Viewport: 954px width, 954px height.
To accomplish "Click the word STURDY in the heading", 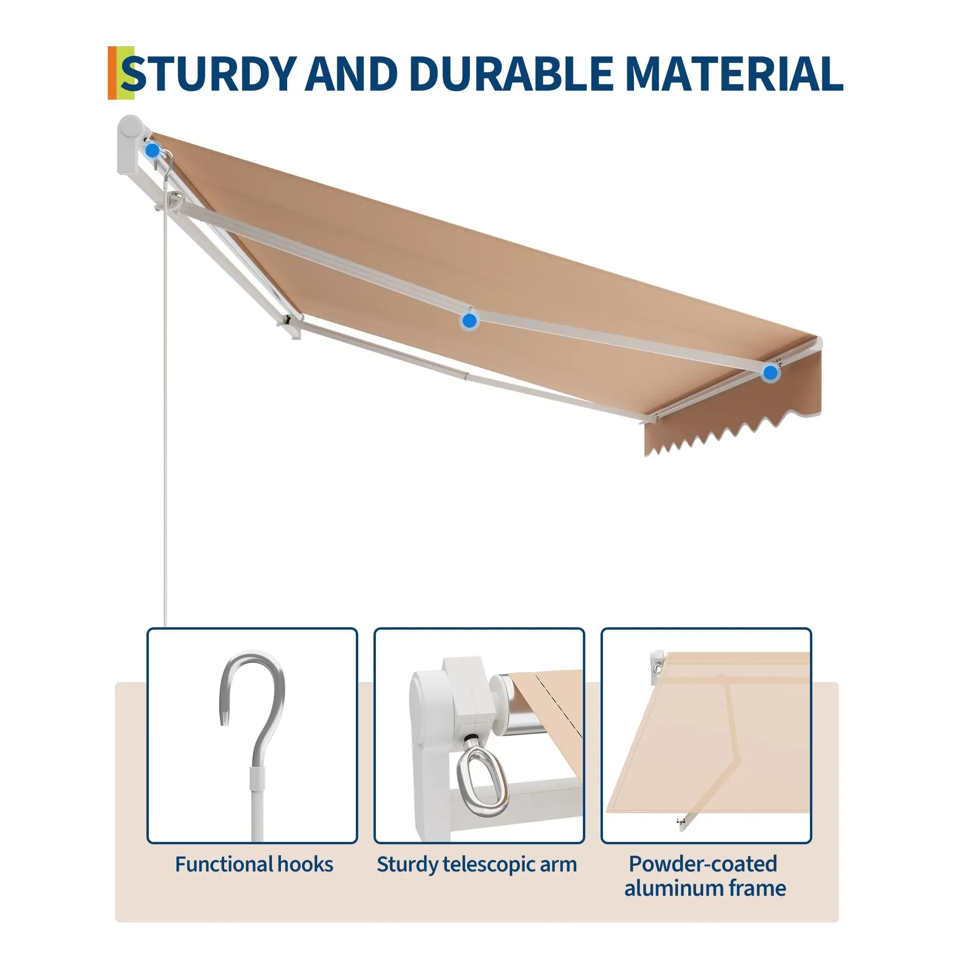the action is coord(209,73).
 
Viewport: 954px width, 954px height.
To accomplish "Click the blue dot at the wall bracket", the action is coord(153,150).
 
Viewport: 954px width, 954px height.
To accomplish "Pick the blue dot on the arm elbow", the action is coord(469,321).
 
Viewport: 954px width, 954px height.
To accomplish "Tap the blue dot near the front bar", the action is coord(770,373).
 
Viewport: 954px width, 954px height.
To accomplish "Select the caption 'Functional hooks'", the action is coord(254,864).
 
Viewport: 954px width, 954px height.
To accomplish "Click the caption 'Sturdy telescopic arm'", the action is coord(477,865).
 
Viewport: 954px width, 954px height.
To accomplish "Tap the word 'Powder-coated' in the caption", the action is coord(703,864).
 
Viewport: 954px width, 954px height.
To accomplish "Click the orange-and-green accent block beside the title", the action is coord(121,73).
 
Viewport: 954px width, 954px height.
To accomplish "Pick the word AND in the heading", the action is coord(352,73).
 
